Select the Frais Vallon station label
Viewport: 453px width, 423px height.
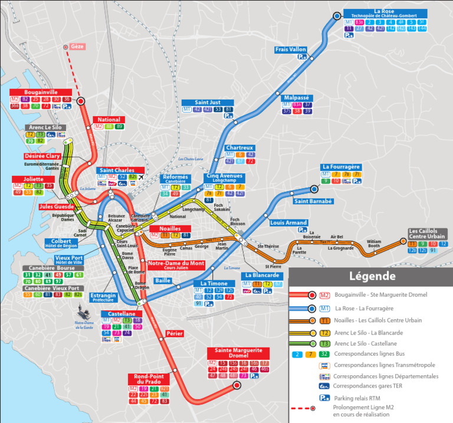(291, 50)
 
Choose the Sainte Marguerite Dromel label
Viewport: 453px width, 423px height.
(238, 353)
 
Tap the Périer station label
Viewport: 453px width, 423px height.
(174, 333)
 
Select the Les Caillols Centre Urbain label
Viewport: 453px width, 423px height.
(427, 234)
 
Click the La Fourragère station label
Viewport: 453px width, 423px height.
(340, 167)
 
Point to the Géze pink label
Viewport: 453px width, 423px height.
(77, 47)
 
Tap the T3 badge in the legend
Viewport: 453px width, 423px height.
(324, 343)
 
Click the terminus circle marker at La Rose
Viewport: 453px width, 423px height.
(337, 17)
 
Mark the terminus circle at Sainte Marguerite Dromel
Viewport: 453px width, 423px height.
(237, 386)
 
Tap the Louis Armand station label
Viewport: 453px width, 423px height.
(288, 222)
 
